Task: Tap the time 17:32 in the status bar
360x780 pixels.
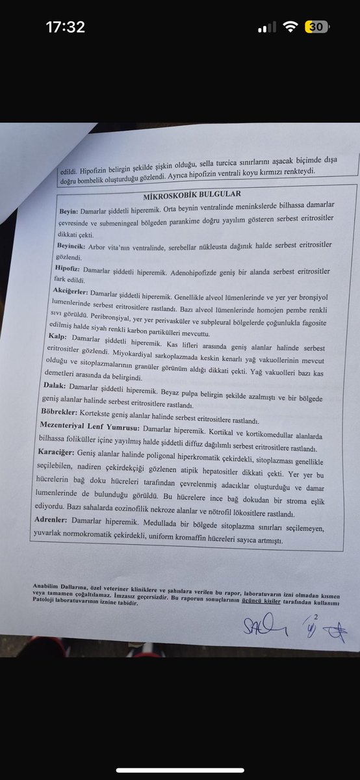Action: click(x=65, y=27)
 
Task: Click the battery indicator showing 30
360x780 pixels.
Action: click(x=318, y=27)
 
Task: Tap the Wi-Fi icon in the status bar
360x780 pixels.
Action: click(x=292, y=27)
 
